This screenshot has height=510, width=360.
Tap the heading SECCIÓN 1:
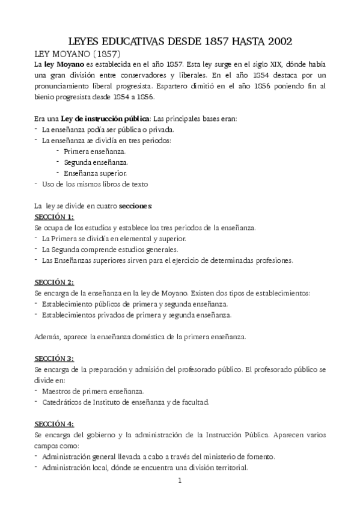tap(53, 217)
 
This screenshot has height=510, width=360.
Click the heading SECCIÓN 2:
tap(53, 281)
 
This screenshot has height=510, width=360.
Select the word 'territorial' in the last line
tap(230, 467)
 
